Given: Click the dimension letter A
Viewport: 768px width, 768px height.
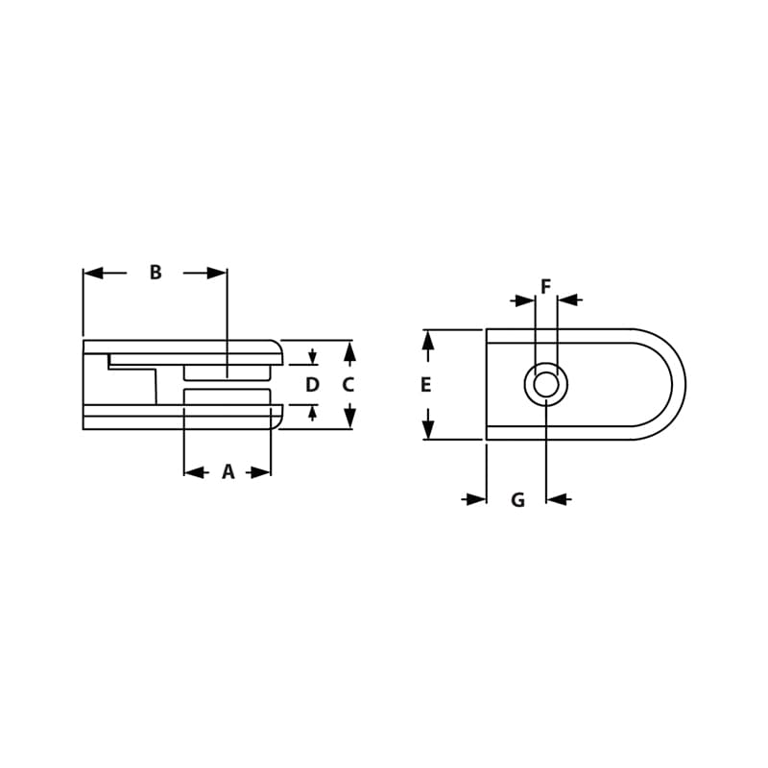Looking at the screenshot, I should pos(228,472).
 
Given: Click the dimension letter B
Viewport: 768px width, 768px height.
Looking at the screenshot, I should pos(156,273).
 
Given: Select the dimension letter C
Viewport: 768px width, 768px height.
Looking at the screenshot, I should pos(348,385).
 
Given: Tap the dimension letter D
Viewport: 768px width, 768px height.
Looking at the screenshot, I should pos(312,385).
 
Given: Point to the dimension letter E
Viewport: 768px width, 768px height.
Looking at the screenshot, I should pos(426,385).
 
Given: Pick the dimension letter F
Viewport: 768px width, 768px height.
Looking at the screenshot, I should pos(546,286).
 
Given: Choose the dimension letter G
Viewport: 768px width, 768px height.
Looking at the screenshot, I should pos(517,500).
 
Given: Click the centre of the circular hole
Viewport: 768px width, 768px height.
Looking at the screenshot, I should pos(546,385).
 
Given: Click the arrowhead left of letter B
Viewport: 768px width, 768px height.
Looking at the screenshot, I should pos(94,273).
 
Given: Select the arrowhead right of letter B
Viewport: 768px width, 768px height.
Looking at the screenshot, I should pos(216,273).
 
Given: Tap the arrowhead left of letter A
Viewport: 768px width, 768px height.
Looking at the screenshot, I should pos(195,472).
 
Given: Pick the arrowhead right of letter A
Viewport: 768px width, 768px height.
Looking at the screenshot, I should pos(260,472).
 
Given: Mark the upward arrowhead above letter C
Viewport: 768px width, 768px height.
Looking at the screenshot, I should pos(349,352).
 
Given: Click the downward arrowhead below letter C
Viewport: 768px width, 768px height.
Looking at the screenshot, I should pos(349,417).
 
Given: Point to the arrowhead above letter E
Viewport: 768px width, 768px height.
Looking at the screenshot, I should pos(428,341).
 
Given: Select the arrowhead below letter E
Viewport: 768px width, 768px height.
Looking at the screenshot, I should pos(428,428).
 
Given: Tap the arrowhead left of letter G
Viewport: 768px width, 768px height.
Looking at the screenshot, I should pos(476,499).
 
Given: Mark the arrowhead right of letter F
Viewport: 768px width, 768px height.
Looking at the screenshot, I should pos(568,300).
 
